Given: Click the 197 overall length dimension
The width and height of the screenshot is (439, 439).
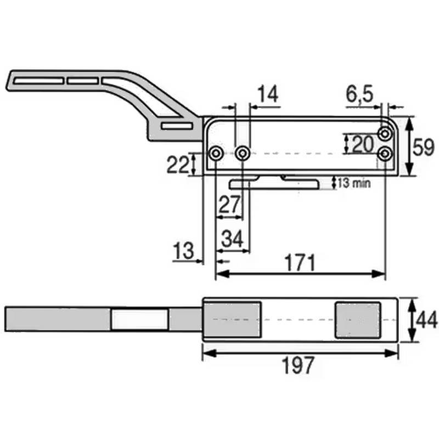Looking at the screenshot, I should (299, 365).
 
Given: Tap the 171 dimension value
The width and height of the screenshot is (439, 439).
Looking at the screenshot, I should (299, 263).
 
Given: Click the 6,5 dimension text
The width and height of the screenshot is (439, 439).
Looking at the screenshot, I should (359, 94).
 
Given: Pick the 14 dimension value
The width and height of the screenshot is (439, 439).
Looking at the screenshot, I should (268, 94).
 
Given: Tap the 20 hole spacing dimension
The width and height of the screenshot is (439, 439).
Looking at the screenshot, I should (362, 144).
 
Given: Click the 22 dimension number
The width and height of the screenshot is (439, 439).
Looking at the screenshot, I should (178, 165).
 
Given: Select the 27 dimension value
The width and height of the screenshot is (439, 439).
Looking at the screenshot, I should (230, 205).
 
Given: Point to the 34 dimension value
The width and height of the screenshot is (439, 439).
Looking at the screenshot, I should (232, 239).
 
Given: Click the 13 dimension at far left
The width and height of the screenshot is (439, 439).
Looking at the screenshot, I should (183, 251).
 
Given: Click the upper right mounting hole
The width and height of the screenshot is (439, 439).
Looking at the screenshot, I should (385, 133).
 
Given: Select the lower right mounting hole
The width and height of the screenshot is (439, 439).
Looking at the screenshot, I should (385, 154).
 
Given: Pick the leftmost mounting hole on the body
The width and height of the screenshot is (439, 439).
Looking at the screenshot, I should (217, 154).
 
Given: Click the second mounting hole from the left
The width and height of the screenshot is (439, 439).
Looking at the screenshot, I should (242, 154).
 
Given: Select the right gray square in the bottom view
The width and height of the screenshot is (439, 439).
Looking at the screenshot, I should (357, 319).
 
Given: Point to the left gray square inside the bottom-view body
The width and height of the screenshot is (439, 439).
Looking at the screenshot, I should (233, 319).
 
